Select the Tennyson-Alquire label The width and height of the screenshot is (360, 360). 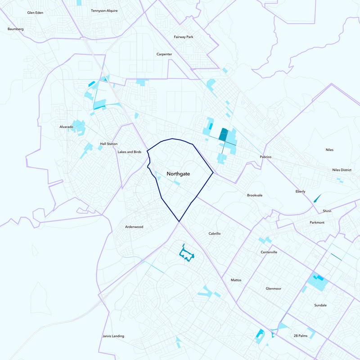click(104, 10)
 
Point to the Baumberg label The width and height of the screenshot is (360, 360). click(15, 29)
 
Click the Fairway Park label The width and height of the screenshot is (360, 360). click(183, 37)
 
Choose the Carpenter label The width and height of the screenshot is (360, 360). click(164, 54)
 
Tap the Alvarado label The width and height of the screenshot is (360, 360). click(66, 127)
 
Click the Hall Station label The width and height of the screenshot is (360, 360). click(108, 144)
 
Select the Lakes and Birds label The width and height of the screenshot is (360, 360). click(129, 152)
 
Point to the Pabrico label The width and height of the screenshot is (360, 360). click(267, 157)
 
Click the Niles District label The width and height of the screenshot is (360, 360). click(342, 170)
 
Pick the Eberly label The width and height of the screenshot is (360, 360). click(300, 192)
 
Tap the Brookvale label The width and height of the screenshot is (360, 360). click(255, 195)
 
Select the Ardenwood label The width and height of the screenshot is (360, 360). click(134, 227)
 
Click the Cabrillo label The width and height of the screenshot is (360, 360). click(214, 234)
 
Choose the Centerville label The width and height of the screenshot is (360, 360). click(269, 252)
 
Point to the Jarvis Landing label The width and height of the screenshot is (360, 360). click(113, 336)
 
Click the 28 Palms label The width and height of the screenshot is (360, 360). click(300, 336)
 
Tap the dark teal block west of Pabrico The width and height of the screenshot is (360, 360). click(223, 134)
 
